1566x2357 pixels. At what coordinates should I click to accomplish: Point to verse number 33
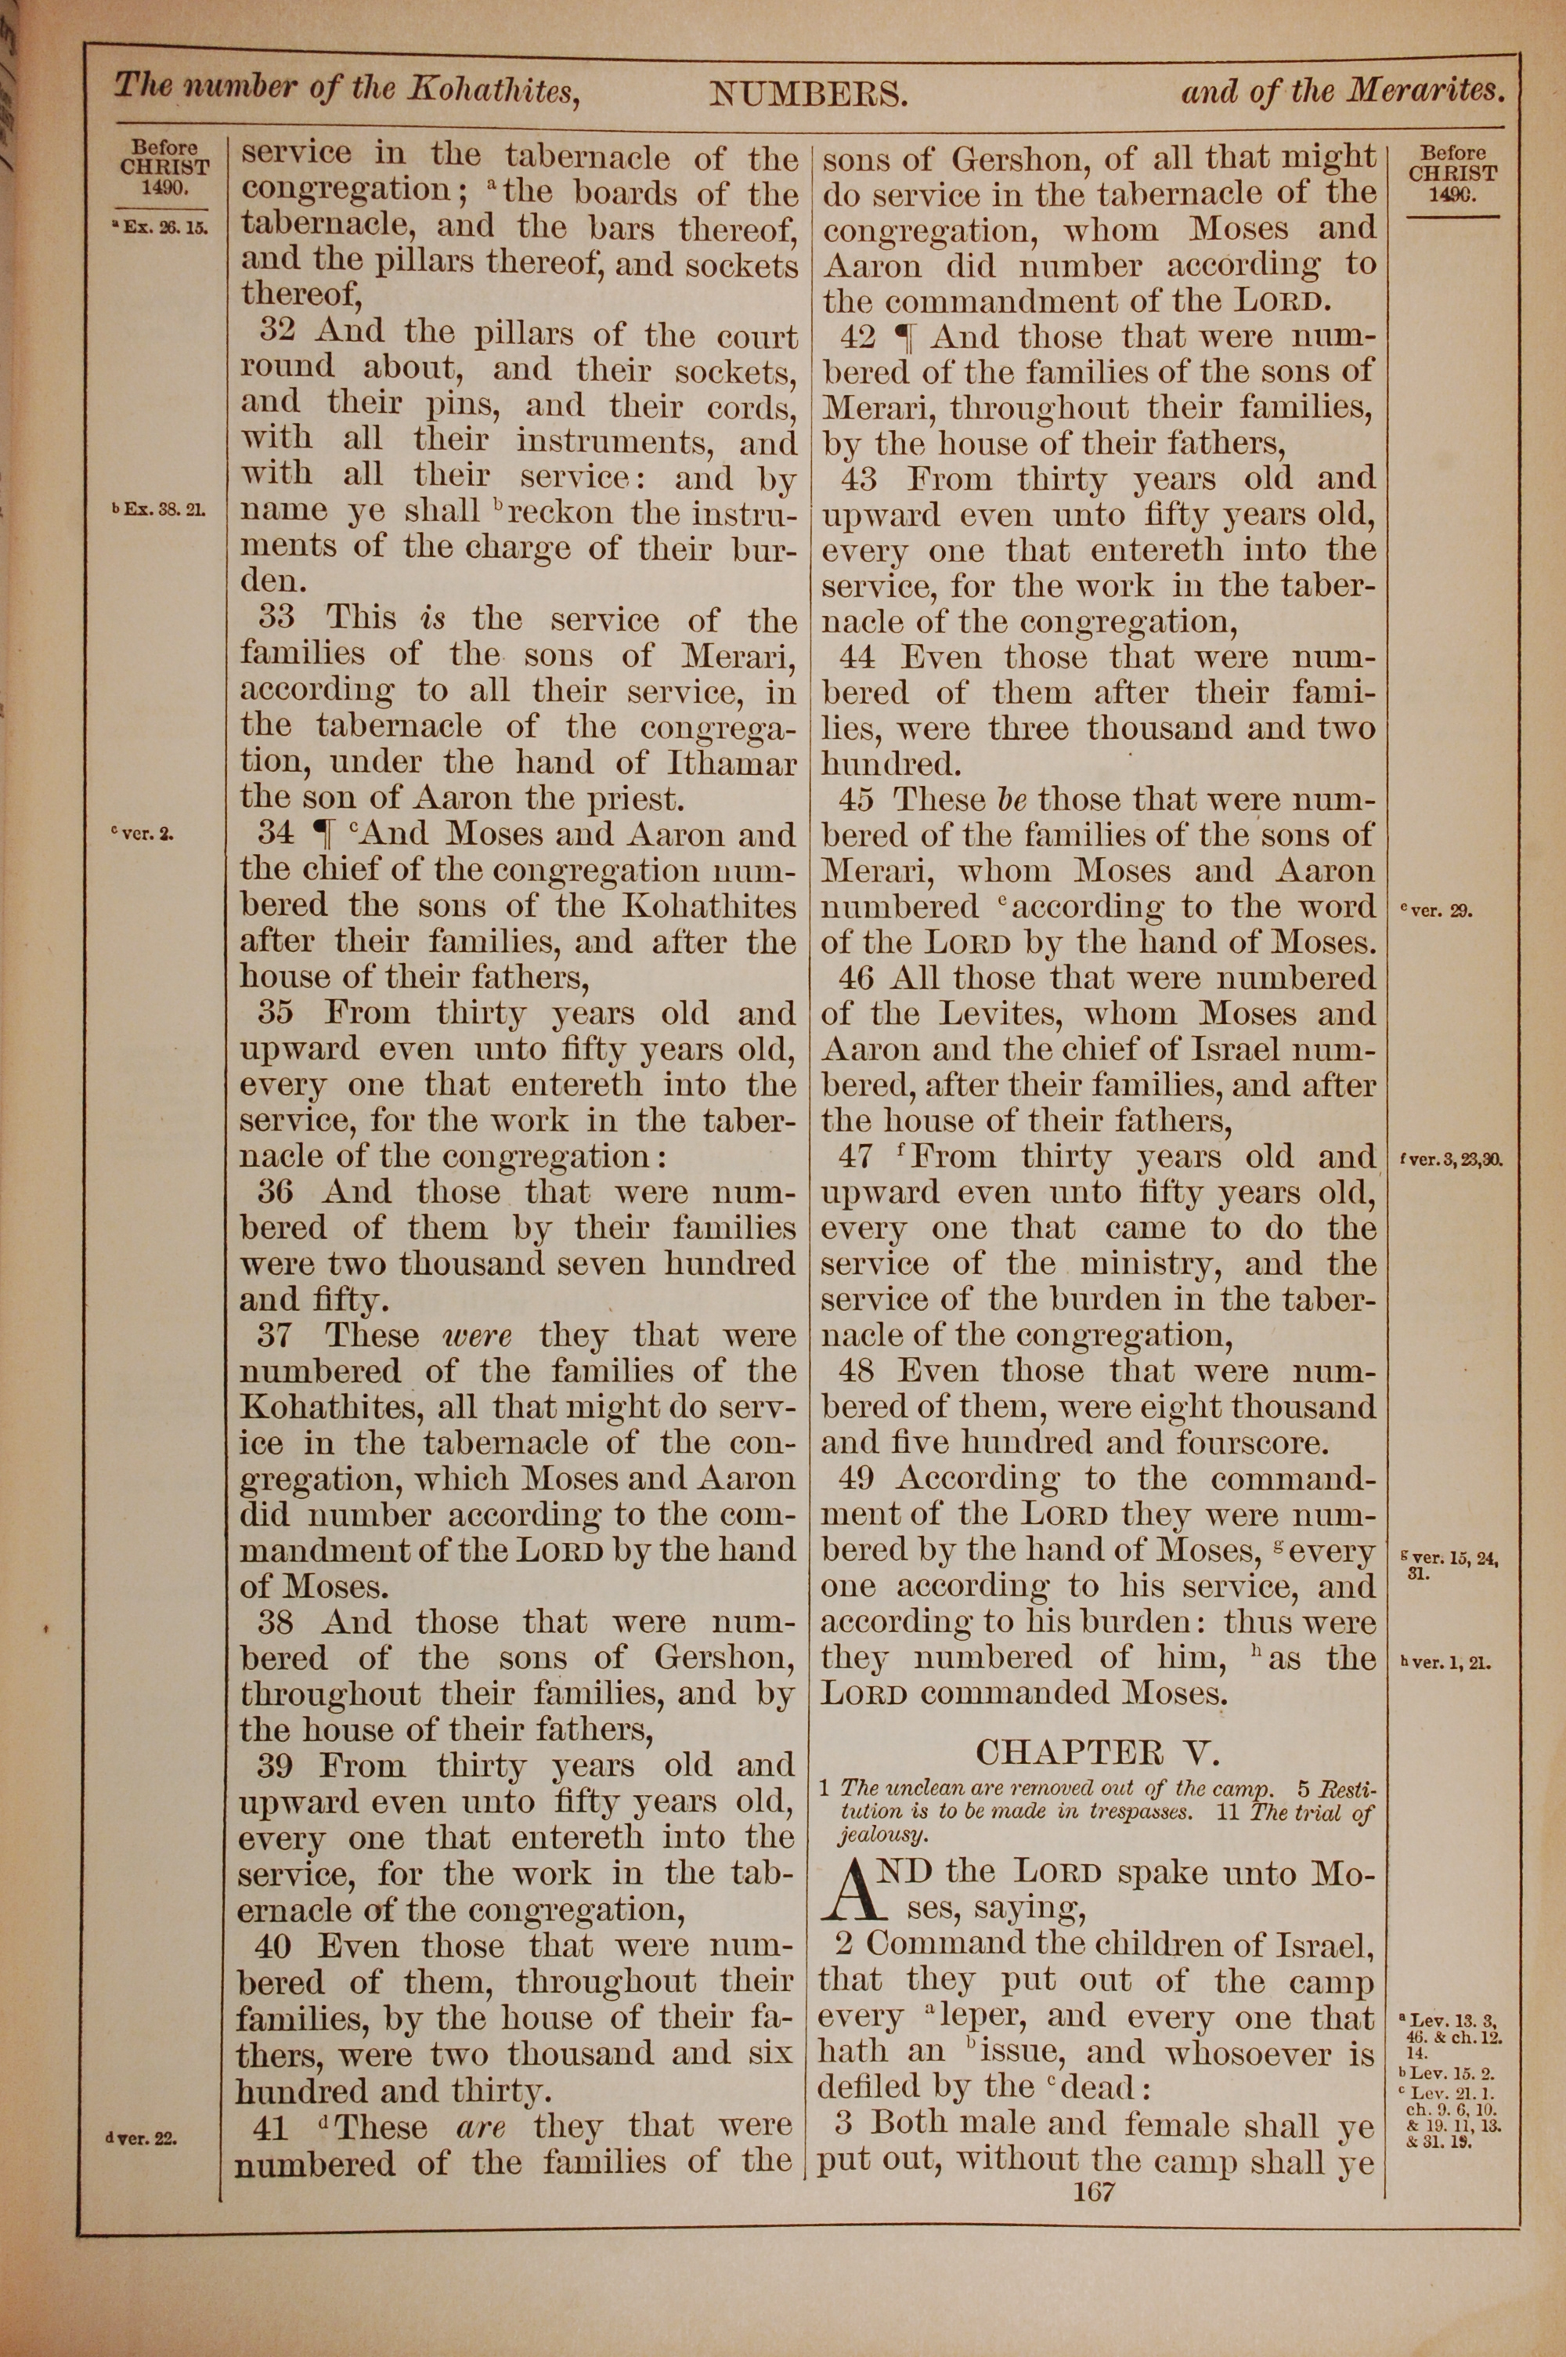276,617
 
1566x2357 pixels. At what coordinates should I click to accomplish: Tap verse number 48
856,1370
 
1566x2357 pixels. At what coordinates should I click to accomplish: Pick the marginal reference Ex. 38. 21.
160,509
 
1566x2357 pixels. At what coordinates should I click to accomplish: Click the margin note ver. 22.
142,2139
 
